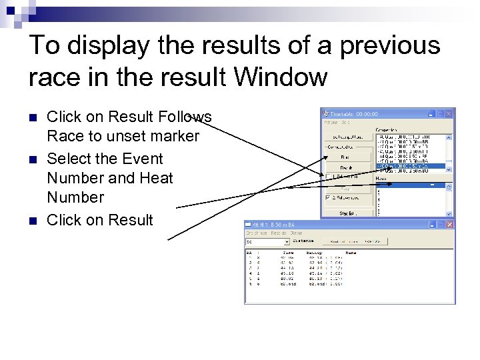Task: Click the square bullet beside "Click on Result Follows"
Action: point(33,117)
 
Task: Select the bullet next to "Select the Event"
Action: point(33,159)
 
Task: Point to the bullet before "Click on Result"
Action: point(33,221)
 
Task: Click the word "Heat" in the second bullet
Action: point(155,178)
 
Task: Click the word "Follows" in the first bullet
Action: point(185,117)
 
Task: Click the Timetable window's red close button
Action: point(448,113)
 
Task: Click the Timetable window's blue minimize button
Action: point(431,113)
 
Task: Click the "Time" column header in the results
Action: point(288,253)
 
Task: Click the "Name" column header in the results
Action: point(351,253)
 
